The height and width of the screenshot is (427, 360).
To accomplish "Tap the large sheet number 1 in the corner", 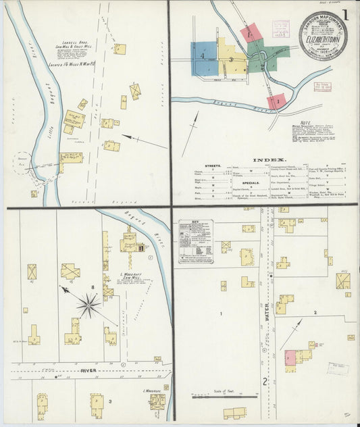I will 344,14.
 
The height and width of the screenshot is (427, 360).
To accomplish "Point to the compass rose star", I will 88,305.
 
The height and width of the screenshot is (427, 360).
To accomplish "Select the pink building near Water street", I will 290,358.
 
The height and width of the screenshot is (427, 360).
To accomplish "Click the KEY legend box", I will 196,241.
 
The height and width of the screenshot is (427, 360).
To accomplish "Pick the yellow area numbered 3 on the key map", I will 231,59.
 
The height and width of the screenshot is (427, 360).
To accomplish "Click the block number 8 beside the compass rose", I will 93,288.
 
